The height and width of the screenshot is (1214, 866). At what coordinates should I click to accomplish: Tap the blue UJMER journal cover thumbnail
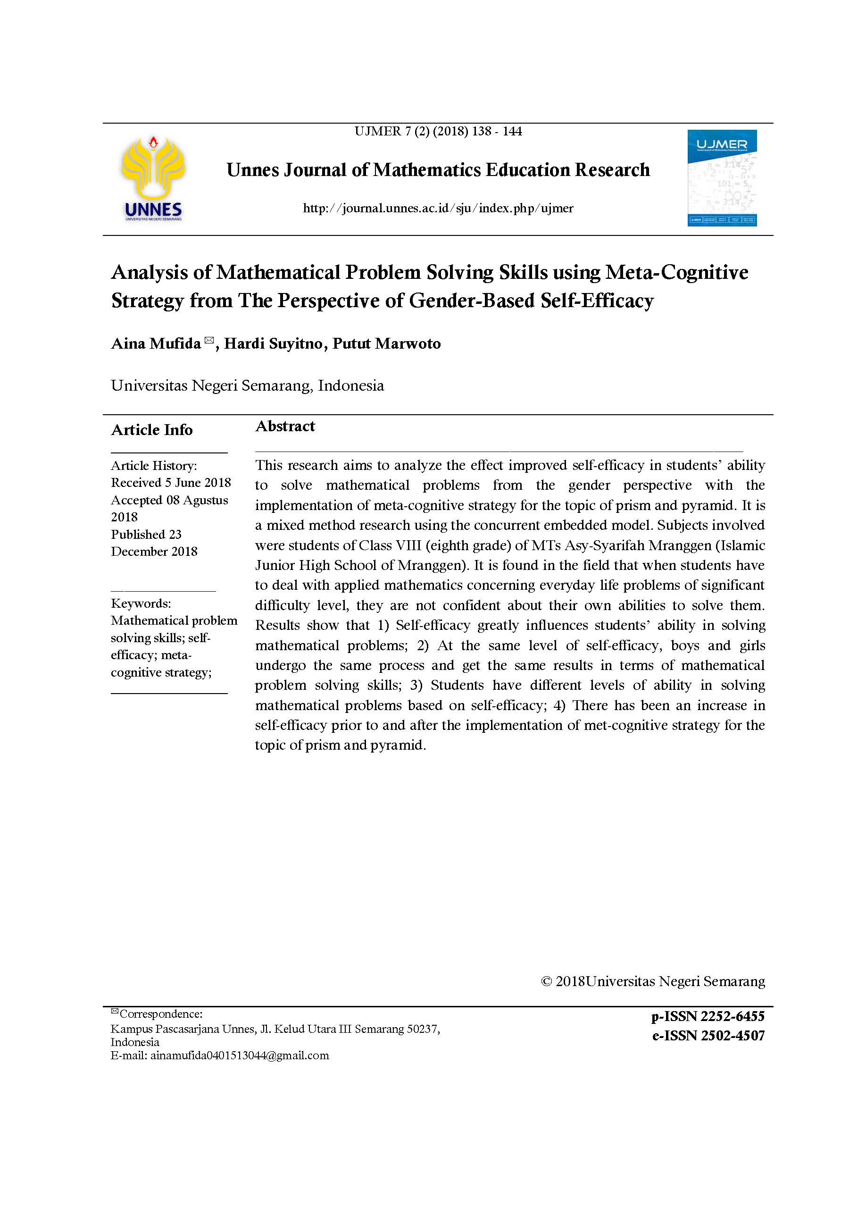coord(722,178)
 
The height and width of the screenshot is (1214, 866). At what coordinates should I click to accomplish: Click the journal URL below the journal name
coord(438,209)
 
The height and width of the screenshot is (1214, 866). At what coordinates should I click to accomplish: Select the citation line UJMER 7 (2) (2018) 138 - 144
coord(438,131)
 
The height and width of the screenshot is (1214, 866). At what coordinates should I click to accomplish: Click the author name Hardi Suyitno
coord(273,343)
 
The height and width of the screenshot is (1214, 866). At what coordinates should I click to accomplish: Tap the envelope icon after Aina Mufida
coord(209,340)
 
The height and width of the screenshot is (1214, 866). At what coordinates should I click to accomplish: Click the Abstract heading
coord(285,426)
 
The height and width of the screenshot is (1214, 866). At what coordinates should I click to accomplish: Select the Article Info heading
coord(151,430)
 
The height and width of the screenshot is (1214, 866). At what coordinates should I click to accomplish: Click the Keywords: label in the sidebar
coord(141,603)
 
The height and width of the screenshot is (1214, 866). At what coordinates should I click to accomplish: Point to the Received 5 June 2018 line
coord(171,483)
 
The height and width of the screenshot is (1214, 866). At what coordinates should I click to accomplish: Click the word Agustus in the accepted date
coord(205,500)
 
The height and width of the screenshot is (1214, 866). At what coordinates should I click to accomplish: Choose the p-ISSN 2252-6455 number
coord(708,1017)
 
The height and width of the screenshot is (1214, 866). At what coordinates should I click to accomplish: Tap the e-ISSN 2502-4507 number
coord(708,1036)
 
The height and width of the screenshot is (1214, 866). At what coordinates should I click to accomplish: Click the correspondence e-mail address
coord(240,1055)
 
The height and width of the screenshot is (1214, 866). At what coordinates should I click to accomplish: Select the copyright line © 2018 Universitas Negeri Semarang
coord(653,981)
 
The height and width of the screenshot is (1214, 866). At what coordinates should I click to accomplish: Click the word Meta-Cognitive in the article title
coord(677,273)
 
